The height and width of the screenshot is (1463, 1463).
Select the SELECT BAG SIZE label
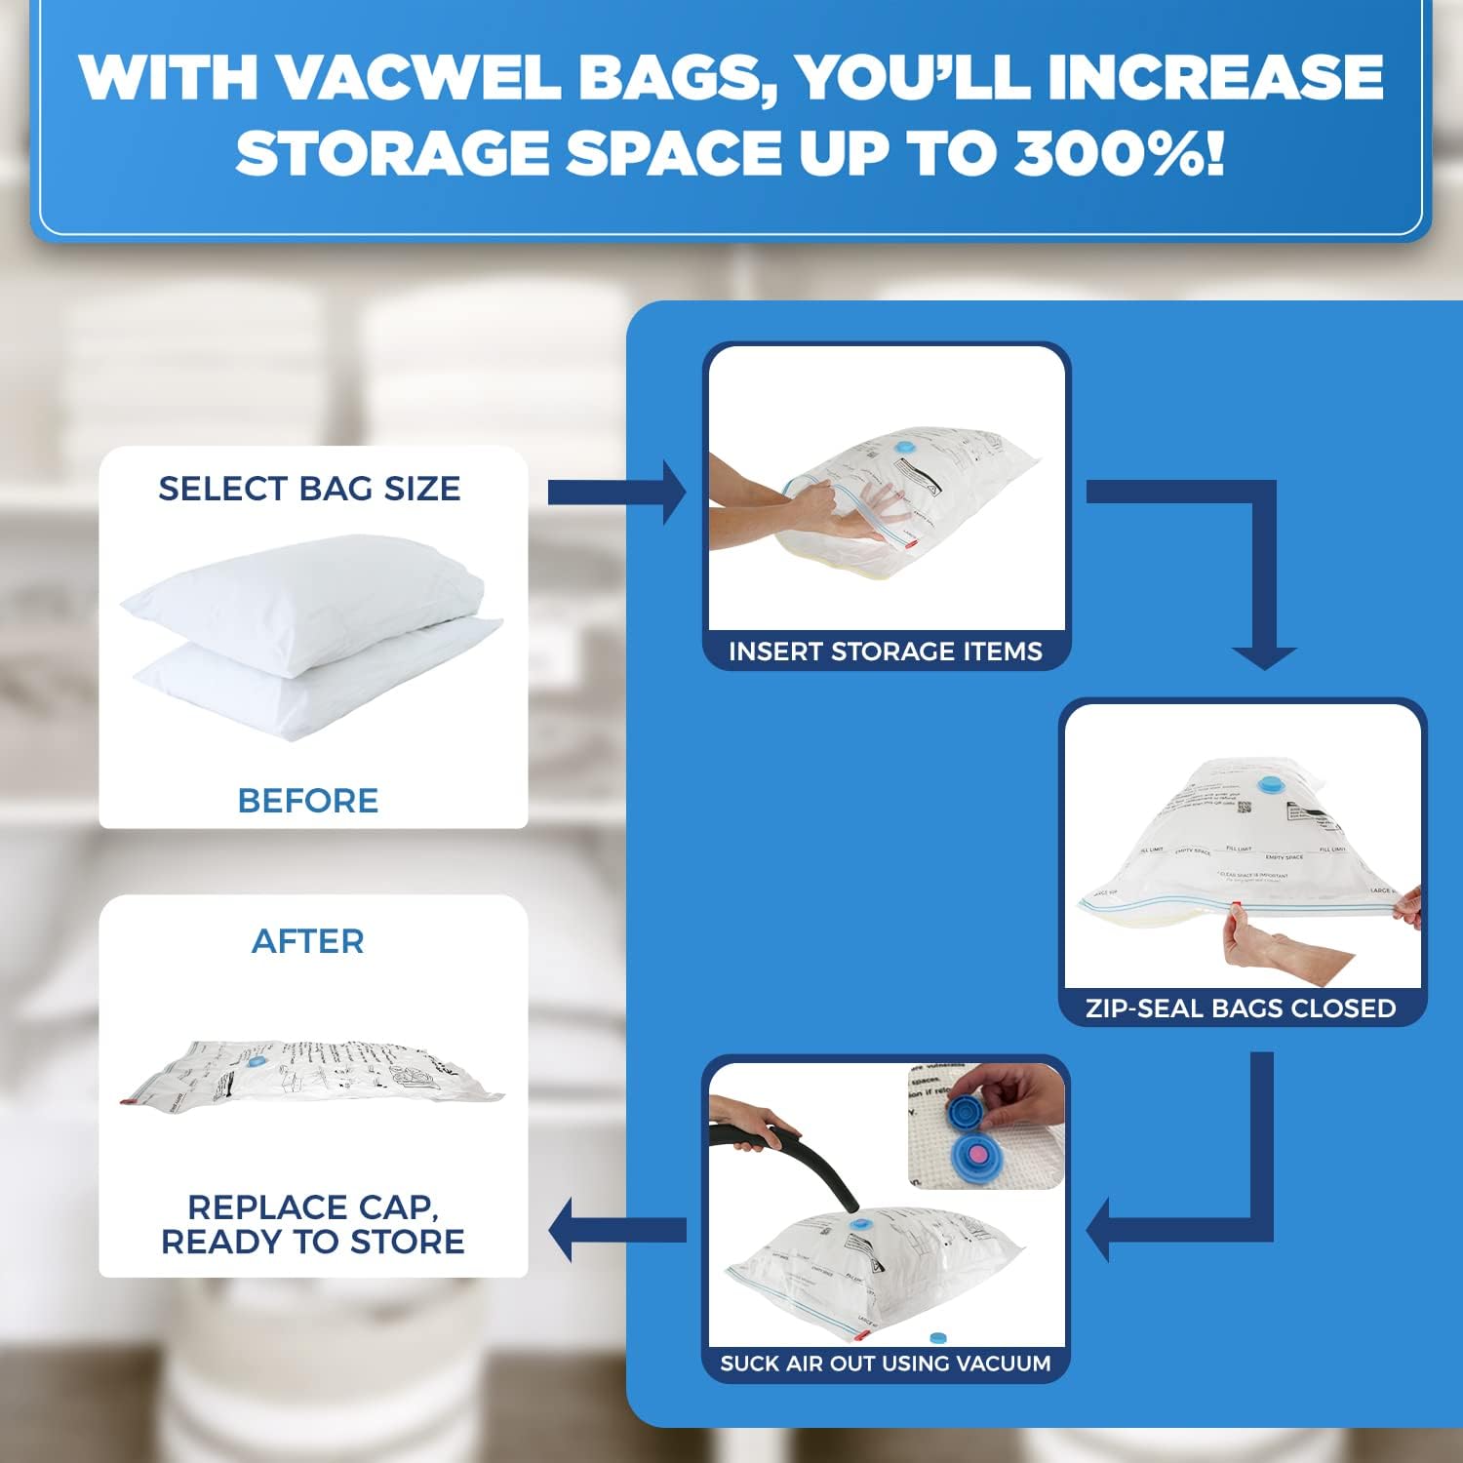coord(309,488)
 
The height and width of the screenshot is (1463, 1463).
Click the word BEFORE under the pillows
coord(308,801)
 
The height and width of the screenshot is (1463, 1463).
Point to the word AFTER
coord(308,941)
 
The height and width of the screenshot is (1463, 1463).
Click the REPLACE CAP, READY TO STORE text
coord(312,1224)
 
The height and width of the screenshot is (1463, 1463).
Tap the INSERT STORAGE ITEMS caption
coord(886,652)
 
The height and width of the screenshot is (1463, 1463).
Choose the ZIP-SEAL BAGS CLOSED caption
coord(1241,1008)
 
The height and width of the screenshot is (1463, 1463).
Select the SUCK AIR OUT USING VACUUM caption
coord(886,1364)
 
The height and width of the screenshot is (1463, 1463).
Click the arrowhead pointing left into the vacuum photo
coord(1100,1230)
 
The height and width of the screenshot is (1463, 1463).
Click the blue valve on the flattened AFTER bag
coord(257,1062)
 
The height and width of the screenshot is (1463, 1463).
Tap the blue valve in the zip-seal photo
coord(1269,783)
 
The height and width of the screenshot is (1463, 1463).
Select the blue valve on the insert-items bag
coord(906,447)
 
